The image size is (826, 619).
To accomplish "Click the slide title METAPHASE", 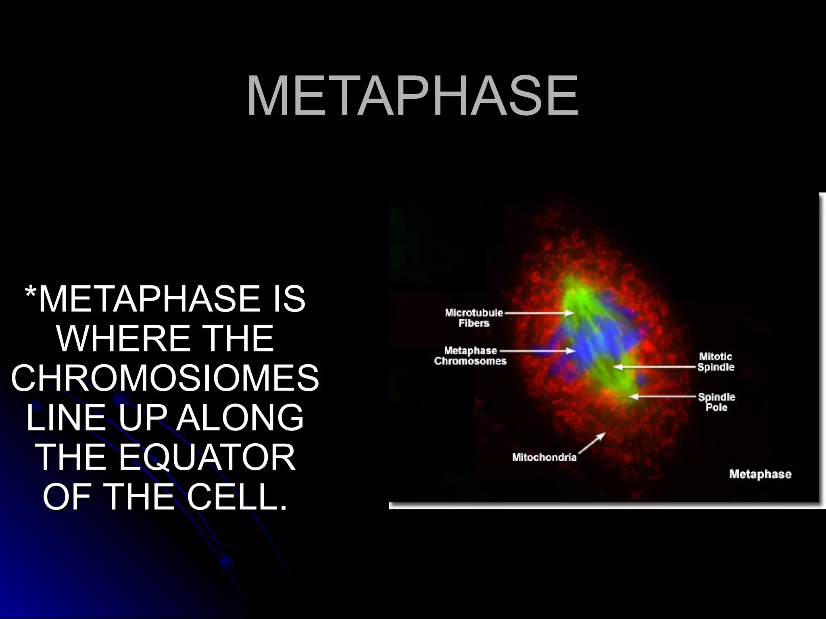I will [412, 96].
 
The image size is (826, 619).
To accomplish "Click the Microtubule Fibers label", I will [474, 318].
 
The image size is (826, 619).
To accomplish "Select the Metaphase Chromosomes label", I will [470, 356].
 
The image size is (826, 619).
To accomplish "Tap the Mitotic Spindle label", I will [715, 361].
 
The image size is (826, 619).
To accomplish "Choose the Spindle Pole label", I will [716, 402].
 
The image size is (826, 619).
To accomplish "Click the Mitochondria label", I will [544, 457].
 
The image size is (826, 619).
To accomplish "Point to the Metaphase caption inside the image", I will [760, 474].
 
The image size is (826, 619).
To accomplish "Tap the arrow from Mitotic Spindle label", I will [655, 367].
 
